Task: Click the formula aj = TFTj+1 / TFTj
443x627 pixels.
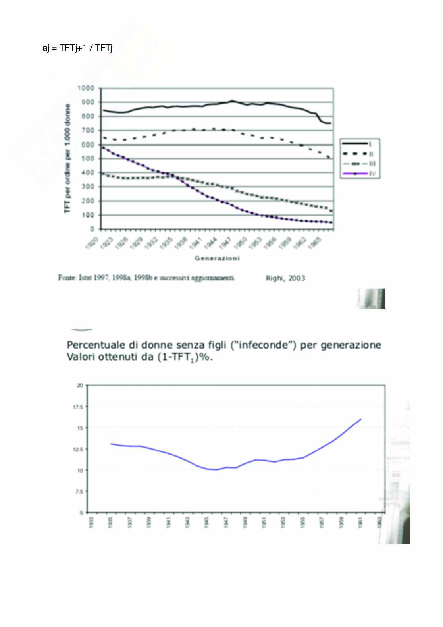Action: [x=78, y=48]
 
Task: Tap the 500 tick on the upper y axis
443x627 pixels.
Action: [x=90, y=159]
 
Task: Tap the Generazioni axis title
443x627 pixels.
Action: [x=217, y=259]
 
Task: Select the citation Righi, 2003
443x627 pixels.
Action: [x=285, y=278]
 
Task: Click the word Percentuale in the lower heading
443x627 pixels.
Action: [x=92, y=345]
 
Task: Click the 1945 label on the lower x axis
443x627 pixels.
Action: [x=206, y=522]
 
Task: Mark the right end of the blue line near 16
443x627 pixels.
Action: [x=361, y=419]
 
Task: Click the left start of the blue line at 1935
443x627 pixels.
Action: [x=111, y=444]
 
